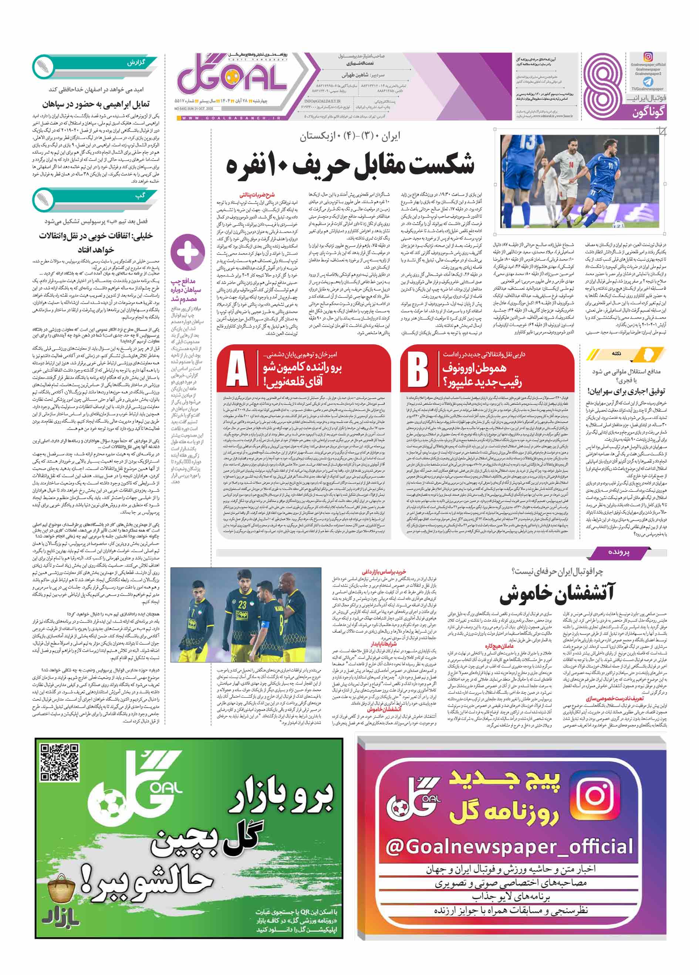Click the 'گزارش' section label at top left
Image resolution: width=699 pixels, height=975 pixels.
point(136,63)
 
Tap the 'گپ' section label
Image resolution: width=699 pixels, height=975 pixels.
point(140,196)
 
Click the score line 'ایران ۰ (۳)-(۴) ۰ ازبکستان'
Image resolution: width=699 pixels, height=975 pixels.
point(349,137)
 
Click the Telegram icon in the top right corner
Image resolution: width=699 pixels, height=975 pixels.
point(648,82)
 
